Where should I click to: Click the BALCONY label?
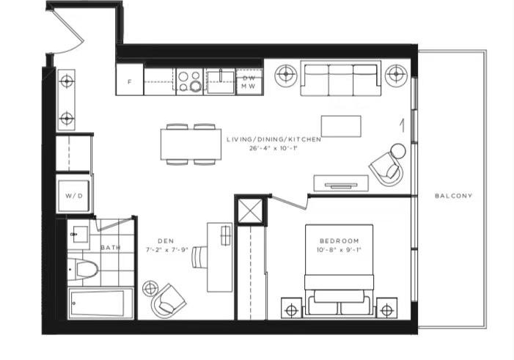453,196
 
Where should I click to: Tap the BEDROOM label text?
339,241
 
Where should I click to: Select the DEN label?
166,241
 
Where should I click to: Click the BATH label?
111,248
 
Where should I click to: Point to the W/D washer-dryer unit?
74,196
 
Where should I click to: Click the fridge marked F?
130,79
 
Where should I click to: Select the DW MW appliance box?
249,82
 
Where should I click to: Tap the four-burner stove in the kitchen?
189,81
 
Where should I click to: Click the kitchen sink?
221,82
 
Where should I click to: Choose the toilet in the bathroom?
83,270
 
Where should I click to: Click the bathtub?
100,303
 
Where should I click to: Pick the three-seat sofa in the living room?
341,78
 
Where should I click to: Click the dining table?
191,144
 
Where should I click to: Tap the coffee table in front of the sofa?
341,126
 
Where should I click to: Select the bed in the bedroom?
339,271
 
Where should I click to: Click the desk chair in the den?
199,257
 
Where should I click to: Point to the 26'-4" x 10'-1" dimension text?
273,148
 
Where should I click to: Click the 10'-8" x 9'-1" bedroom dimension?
339,250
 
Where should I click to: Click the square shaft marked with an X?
251,210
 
